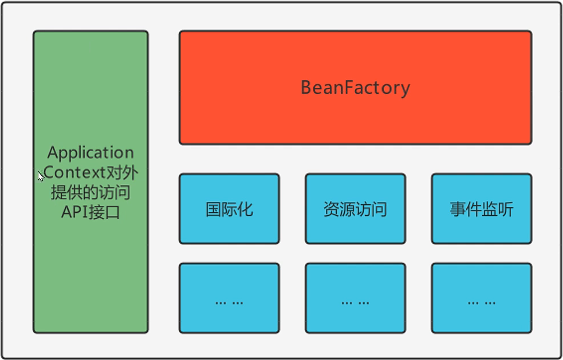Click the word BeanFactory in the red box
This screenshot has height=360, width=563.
[355, 88]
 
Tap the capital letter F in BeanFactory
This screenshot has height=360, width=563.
[350, 88]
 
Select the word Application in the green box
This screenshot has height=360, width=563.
[90, 153]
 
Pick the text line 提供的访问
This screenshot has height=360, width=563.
[90, 192]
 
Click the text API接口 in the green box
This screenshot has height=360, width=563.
[90, 212]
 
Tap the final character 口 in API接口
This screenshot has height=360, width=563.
[113, 212]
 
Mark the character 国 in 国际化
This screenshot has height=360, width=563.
[214, 209]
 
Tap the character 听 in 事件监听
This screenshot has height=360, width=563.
[506, 209]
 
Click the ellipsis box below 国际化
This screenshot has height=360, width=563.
[229, 298]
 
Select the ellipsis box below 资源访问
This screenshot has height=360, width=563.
[355, 298]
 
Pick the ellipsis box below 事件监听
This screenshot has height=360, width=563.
[481, 298]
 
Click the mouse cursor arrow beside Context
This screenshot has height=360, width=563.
[41, 176]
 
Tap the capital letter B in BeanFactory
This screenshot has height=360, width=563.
[306, 88]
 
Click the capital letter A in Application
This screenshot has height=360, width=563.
[53, 153]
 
